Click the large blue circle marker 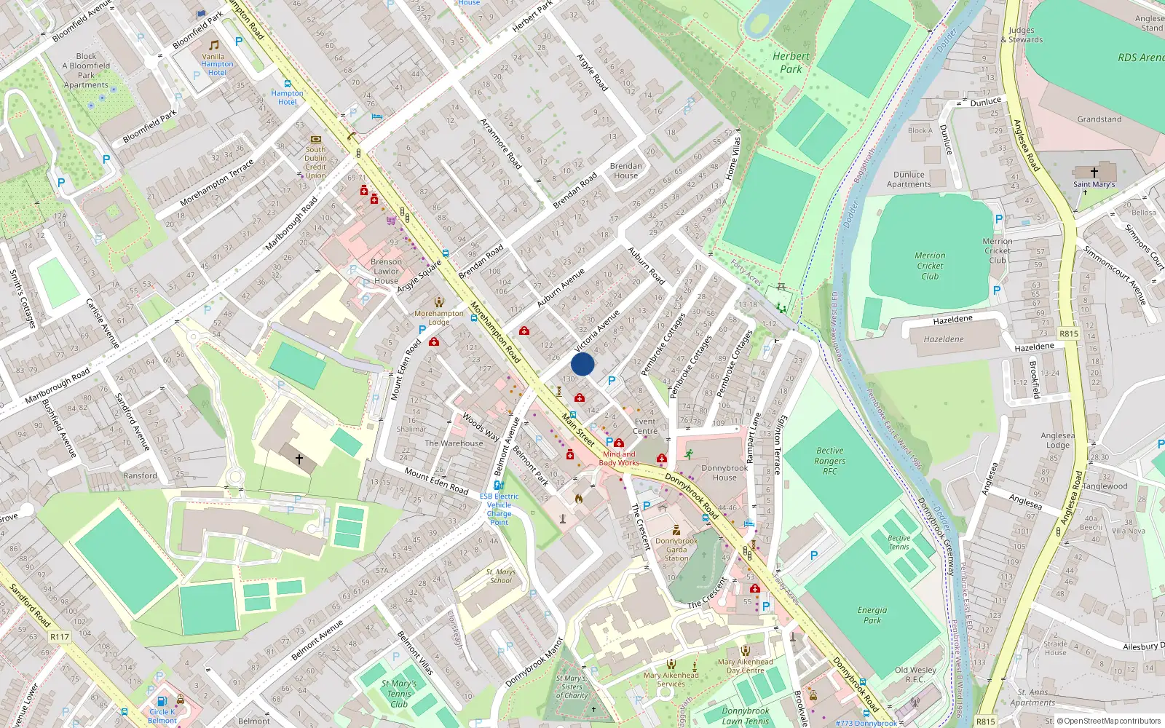click(x=582, y=364)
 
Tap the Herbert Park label click(x=791, y=63)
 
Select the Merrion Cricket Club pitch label click(x=930, y=266)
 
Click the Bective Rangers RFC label click(x=830, y=461)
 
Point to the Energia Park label click(x=872, y=615)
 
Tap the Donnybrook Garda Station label click(x=676, y=550)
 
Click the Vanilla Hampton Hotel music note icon click(x=213, y=45)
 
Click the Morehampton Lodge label click(x=439, y=317)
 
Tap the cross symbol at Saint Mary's click(x=1094, y=173)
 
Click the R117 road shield click(x=60, y=637)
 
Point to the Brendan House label click(x=626, y=170)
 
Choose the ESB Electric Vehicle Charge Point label click(x=499, y=509)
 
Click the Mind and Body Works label click(x=619, y=459)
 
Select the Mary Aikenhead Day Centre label click(x=746, y=666)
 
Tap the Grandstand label click(x=1099, y=119)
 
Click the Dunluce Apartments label click(x=909, y=180)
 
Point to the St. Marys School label click(x=500, y=576)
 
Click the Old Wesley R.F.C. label click(x=915, y=674)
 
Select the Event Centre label click(x=645, y=426)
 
